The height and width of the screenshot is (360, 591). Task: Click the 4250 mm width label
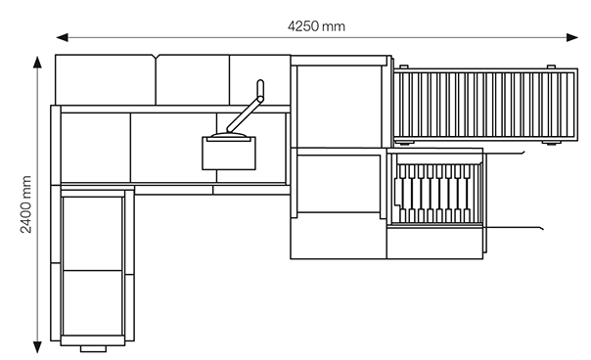pyautogui.click(x=316, y=26)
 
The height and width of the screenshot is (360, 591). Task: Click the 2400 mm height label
pyautogui.click(x=26, y=204)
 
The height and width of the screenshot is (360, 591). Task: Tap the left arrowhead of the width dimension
pyautogui.click(x=63, y=37)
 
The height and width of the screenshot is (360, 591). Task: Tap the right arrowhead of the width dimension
pyautogui.click(x=571, y=37)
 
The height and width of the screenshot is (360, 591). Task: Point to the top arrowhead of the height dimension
pyautogui.click(x=37, y=63)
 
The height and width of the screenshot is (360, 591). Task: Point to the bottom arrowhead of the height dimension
pyautogui.click(x=37, y=347)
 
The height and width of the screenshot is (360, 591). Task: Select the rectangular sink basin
pyautogui.click(x=229, y=154)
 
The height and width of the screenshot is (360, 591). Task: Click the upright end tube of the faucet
pyautogui.click(x=260, y=88)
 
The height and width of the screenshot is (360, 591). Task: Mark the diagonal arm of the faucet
pyautogui.click(x=245, y=114)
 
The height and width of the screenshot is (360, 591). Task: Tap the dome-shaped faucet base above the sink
pyautogui.click(x=229, y=135)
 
